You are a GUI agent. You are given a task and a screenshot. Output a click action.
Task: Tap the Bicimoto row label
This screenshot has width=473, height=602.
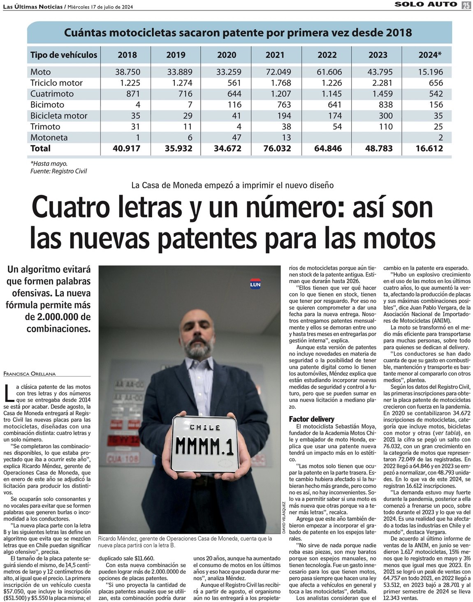pos(47,104)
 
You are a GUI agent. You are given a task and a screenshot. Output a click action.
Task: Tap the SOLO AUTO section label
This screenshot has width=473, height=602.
pos(426,4)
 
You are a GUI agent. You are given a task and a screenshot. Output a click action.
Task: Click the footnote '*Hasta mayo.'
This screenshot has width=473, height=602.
pos(49,164)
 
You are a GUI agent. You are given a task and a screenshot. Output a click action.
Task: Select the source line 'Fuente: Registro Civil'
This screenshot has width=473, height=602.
pos(58,171)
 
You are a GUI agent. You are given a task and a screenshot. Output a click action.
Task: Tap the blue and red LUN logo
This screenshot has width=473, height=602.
pos(255,284)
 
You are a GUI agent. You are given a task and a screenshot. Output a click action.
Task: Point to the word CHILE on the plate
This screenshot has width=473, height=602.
pos(205,428)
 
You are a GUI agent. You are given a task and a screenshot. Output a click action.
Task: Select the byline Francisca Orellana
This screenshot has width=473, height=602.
pos(29,374)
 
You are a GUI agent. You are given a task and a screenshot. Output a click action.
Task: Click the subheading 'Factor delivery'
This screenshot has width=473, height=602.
pos(311,419)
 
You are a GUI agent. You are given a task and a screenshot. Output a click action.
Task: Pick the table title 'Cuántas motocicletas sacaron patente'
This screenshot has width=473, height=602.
pos(238,32)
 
